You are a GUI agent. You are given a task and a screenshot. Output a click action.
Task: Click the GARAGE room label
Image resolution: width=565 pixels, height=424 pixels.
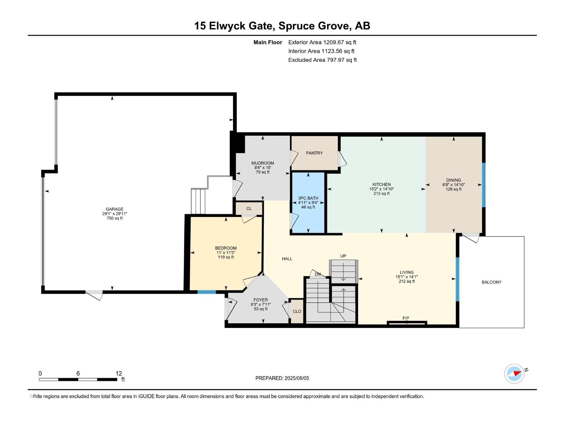114,209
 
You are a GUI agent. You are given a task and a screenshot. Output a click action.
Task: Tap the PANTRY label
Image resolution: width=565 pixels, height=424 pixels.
314,153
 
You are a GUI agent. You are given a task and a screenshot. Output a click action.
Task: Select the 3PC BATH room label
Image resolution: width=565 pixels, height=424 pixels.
308,198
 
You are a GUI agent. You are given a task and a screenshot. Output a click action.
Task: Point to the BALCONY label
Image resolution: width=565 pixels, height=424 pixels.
491,282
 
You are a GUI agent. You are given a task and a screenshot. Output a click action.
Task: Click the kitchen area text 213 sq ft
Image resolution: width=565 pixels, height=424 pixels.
381,194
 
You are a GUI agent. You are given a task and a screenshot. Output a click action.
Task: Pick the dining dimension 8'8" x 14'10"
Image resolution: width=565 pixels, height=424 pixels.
453,185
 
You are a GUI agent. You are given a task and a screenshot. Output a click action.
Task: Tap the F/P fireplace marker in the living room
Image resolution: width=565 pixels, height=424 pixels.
406,318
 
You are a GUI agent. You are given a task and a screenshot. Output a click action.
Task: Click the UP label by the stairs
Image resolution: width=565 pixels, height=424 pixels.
343,256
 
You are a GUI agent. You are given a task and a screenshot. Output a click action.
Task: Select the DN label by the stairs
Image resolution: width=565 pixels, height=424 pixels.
317,274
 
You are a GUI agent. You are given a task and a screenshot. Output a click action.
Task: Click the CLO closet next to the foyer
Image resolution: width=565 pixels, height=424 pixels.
297,311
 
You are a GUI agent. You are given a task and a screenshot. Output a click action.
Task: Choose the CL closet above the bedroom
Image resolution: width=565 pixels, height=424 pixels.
249,208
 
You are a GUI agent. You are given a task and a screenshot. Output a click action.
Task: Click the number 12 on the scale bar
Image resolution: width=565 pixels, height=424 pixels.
119,373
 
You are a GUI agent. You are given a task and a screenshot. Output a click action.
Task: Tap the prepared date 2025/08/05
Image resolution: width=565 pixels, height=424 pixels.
296,378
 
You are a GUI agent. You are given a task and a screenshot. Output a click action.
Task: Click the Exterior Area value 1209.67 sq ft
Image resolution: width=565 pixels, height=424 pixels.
340,42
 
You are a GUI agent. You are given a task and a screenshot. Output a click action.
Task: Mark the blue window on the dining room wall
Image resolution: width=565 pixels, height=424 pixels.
484,185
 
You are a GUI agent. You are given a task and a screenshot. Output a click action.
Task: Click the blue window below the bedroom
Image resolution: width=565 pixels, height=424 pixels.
207,292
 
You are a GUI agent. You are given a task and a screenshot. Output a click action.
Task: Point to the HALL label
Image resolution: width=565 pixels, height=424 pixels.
287,259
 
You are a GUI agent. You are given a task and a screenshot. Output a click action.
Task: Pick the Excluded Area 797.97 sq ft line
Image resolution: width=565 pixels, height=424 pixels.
322,60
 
